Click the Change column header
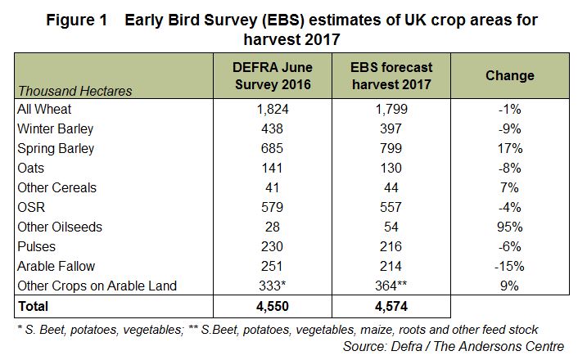point(509,76)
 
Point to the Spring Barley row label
point(55,149)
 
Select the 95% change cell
point(510,227)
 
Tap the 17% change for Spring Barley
point(510,149)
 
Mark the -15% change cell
point(510,266)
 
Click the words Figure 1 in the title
point(74,19)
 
